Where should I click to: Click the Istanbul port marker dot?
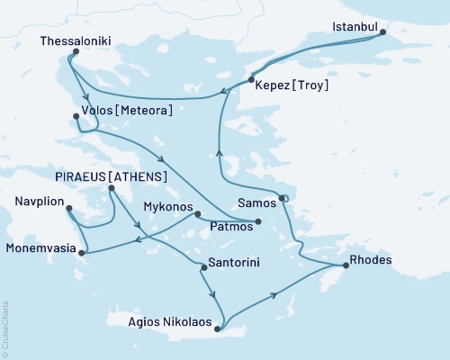click(382, 33)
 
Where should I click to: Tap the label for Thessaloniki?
click(76, 40)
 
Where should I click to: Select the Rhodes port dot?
click(345, 266)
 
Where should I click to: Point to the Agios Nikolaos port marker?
click(217, 328)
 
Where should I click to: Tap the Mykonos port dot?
click(197, 214)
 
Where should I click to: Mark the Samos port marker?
click(281, 198)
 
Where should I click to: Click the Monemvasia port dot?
click(82, 253)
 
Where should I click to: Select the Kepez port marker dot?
click(250, 80)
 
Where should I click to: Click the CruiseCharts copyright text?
click(6, 328)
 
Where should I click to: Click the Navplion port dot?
click(69, 210)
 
